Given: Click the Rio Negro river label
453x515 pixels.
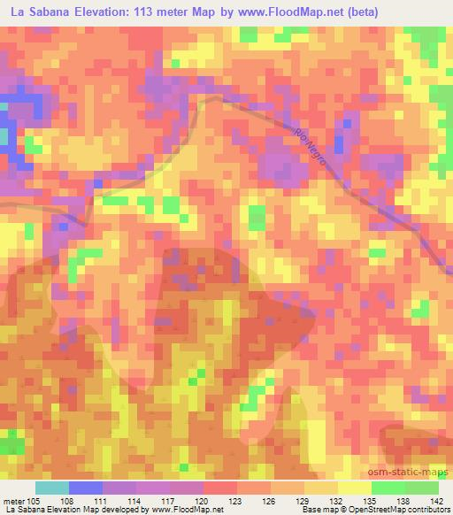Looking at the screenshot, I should tap(312, 144).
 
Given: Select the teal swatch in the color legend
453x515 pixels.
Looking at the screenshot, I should tap(52, 488).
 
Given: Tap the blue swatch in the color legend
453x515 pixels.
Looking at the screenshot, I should tap(86, 488).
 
